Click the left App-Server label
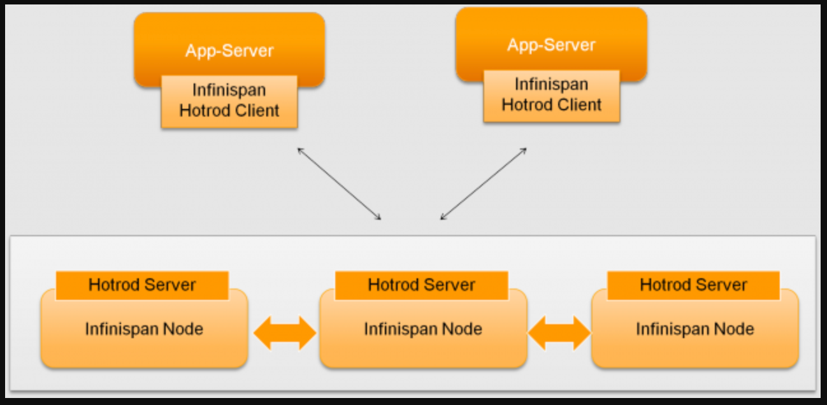229,50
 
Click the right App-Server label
551,45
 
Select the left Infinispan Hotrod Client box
229,101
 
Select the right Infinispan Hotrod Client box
551,96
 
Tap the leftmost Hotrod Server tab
142,285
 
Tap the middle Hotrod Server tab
421,285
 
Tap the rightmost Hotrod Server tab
693,285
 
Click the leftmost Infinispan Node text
144,329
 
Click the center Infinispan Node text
423,329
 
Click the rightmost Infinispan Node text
695,329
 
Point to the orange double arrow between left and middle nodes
285,333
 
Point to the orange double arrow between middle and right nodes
559,333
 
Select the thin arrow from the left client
339,184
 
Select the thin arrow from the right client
484,184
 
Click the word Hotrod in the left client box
204,111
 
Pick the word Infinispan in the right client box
551,85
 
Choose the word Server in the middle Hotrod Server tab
451,285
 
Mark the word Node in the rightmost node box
733,329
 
